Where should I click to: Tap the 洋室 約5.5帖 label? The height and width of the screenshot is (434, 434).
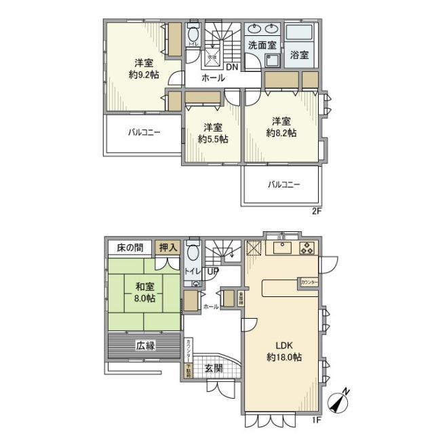pyautogui.click(x=212, y=133)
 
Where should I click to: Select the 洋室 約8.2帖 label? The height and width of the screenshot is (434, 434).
pyautogui.click(x=281, y=127)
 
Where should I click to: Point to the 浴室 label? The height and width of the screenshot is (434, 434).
pyautogui.click(x=300, y=55)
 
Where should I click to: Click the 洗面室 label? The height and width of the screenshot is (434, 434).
pyautogui.click(x=262, y=45)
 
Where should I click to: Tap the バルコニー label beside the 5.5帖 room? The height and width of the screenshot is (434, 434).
pyautogui.click(x=143, y=132)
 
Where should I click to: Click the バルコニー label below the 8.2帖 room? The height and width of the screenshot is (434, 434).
pyautogui.click(x=283, y=184)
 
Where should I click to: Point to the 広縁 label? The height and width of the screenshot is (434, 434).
pyautogui.click(x=145, y=346)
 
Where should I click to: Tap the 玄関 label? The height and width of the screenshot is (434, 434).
pyautogui.click(x=214, y=370)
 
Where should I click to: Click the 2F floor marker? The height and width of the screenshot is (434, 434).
pyautogui.click(x=315, y=211)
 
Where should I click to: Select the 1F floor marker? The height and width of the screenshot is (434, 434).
pyautogui.click(x=315, y=420)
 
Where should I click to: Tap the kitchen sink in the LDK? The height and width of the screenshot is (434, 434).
pyautogui.click(x=281, y=247)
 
